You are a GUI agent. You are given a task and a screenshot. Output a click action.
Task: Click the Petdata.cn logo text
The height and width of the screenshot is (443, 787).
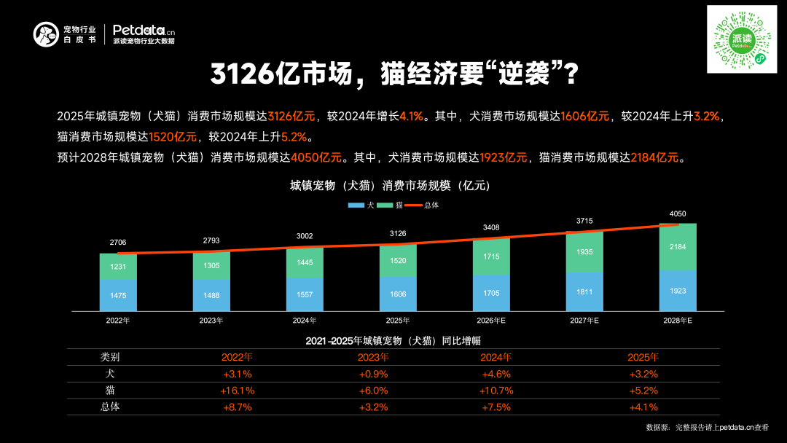tap(144, 31)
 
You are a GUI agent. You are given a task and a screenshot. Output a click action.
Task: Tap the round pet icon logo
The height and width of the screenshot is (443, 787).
tap(45, 34)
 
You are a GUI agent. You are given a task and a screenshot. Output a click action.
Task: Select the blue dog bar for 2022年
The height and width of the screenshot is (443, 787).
tap(118, 295)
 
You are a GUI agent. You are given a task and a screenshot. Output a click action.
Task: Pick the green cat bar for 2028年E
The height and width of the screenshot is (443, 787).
tap(678, 247)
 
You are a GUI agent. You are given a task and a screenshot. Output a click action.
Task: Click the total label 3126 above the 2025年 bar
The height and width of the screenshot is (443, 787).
tap(398, 233)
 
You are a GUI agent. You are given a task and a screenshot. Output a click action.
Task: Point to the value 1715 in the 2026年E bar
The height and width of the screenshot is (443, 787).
tap(491, 257)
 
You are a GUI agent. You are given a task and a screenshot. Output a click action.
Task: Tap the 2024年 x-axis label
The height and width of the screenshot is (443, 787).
tap(305, 320)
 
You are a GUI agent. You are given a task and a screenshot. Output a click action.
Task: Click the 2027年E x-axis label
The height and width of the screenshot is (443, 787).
tap(584, 320)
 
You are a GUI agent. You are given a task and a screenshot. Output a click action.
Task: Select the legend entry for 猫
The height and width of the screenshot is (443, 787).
tap(393, 205)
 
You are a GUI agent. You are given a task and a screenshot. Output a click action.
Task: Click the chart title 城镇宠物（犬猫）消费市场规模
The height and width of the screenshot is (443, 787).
tap(390, 186)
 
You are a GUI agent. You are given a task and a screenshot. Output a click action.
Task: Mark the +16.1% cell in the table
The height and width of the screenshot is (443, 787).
tap(238, 391)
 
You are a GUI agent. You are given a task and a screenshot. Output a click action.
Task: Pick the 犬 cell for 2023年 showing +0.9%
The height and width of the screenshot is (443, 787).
tap(373, 374)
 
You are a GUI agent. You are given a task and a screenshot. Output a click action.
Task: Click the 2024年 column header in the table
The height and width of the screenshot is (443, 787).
tap(496, 357)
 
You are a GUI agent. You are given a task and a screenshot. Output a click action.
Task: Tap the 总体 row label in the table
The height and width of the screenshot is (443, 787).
tap(110, 407)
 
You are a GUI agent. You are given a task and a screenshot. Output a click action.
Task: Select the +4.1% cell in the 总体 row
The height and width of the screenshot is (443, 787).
tap(643, 407)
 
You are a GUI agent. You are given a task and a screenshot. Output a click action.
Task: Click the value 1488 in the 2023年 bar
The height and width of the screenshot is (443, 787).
tap(211, 296)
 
